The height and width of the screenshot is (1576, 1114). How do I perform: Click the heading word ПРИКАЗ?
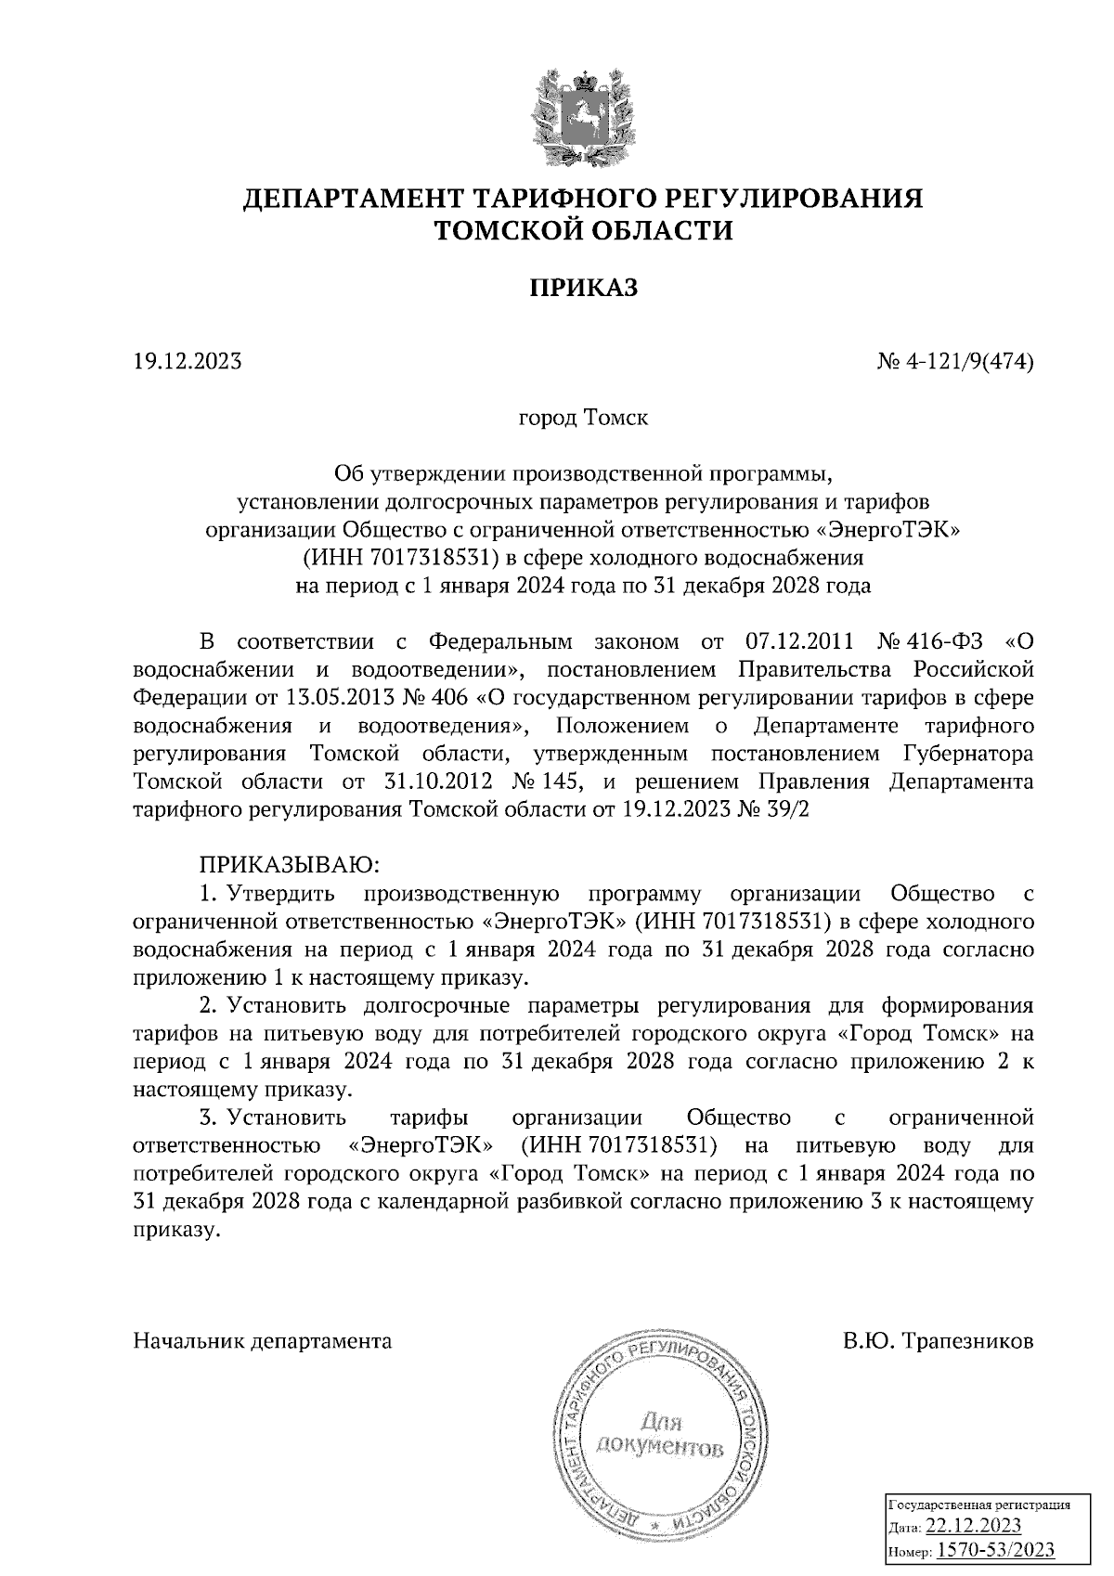click(583, 289)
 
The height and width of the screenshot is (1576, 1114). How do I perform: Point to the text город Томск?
click(583, 418)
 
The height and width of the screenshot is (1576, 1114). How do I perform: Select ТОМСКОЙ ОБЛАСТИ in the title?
click(584, 230)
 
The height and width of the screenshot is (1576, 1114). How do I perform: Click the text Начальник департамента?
click(263, 1341)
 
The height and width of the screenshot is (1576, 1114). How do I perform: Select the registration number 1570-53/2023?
click(995, 1549)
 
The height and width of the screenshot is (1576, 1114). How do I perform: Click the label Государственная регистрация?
click(981, 1505)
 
